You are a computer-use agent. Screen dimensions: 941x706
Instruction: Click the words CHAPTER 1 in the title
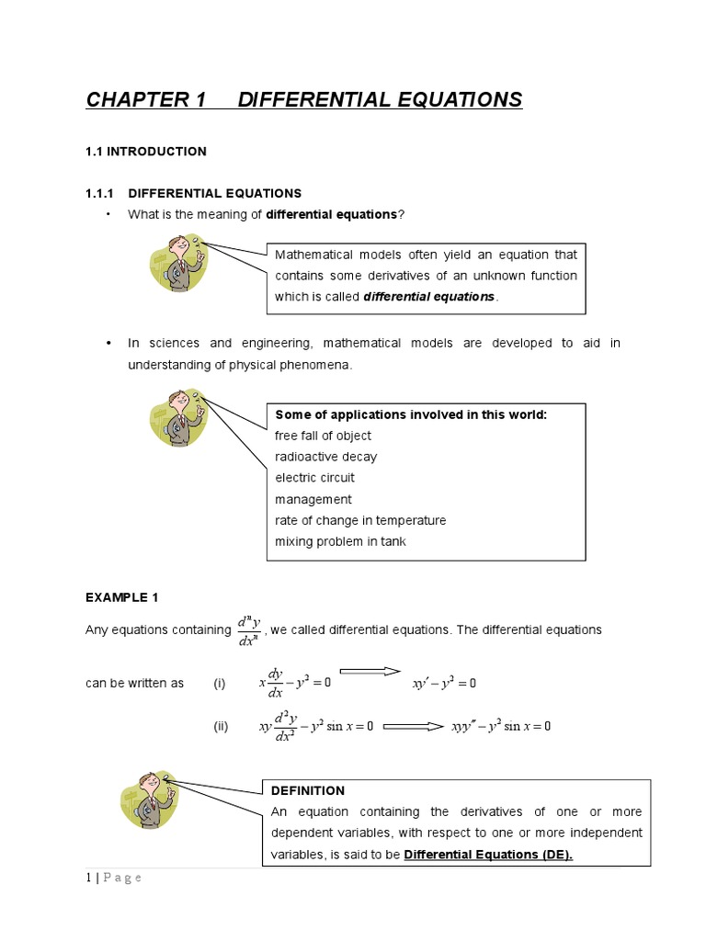point(145,100)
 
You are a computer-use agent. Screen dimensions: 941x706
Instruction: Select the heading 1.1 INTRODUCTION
point(146,152)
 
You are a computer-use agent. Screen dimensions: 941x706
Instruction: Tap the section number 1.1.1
point(98,193)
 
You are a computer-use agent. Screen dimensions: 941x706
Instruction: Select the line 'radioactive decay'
point(326,457)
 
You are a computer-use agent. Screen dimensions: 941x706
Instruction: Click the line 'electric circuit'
point(314,478)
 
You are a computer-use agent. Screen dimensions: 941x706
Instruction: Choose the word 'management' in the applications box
point(313,499)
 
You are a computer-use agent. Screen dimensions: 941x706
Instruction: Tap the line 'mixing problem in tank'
point(340,541)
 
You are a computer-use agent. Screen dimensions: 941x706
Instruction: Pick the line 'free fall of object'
point(324,436)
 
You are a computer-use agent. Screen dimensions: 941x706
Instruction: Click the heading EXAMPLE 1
point(122,597)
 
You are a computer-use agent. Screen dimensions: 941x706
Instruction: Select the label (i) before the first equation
point(220,683)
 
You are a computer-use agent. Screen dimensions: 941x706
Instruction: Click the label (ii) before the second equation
point(221,726)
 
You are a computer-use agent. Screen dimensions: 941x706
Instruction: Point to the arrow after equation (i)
point(370,672)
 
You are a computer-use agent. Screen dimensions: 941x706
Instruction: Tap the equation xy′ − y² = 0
point(444,684)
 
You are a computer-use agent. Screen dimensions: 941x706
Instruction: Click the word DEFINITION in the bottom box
point(308,790)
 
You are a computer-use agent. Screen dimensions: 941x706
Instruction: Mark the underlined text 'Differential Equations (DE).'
point(488,855)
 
